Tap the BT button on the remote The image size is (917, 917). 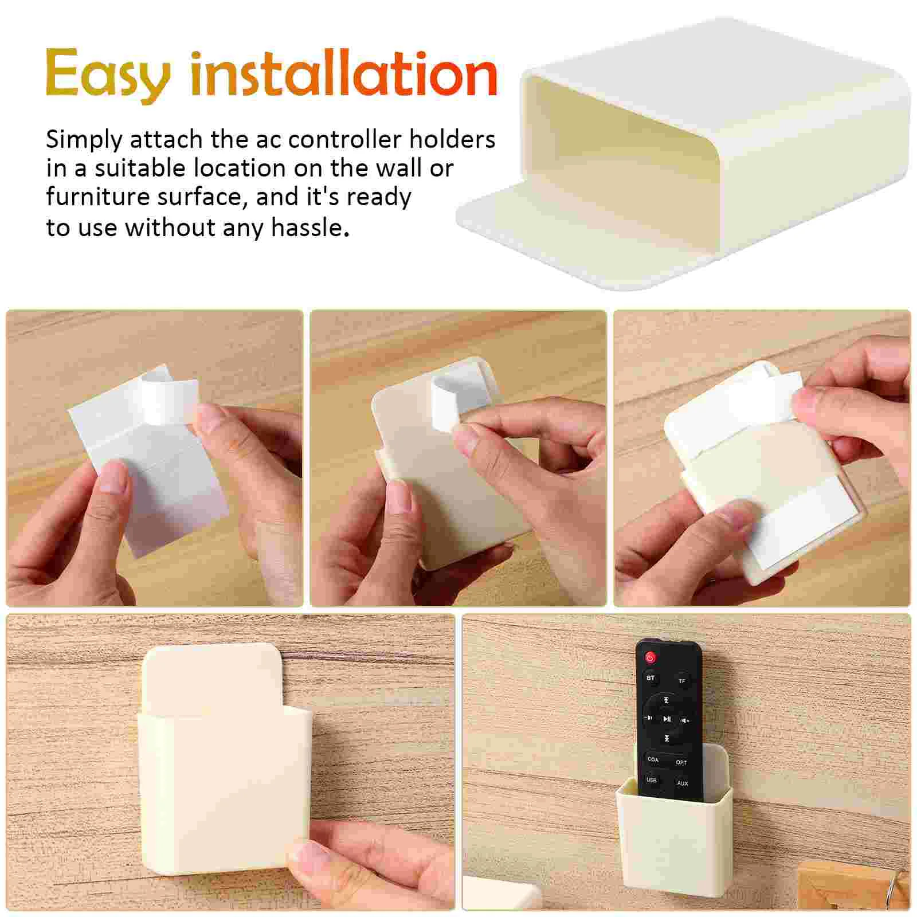tap(650, 678)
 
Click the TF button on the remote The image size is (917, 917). tap(682, 681)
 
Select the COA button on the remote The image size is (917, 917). tap(653, 759)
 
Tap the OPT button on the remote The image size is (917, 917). tap(681, 762)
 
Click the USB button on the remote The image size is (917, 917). tap(652, 780)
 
